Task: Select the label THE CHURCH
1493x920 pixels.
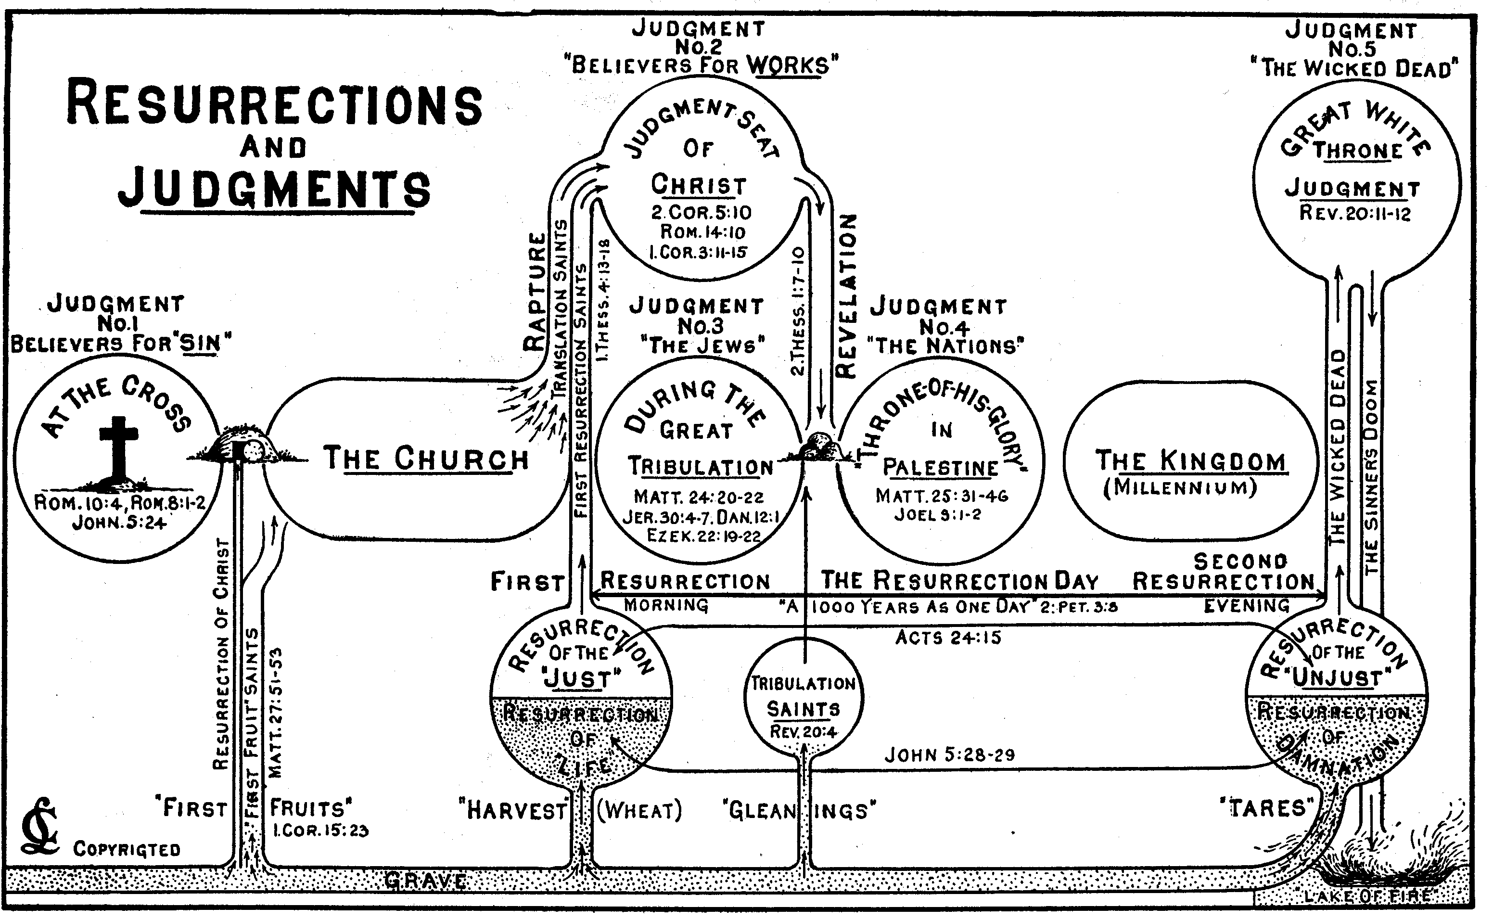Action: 426,459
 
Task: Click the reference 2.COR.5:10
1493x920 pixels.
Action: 701,212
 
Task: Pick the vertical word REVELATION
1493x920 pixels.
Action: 846,296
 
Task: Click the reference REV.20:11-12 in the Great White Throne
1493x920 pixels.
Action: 1355,214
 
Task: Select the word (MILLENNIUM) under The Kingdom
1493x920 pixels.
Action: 1180,488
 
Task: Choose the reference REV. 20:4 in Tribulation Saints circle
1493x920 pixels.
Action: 803,732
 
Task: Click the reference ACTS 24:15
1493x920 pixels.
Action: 948,638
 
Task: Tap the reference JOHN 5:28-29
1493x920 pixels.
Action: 949,755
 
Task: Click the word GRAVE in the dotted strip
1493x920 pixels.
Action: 426,881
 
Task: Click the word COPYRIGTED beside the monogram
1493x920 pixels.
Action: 127,849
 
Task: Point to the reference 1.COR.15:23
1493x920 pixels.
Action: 320,831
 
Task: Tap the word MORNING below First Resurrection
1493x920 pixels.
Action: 666,605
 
